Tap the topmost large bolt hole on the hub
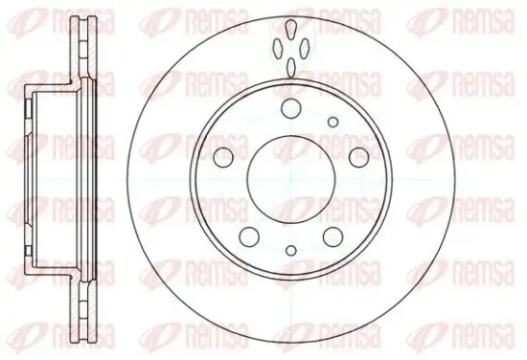(291, 108)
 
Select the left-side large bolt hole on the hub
(223, 157)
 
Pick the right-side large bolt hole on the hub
(359, 157)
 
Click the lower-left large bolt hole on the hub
(249, 236)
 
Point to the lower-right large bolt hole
(333, 236)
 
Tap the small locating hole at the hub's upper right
(333, 122)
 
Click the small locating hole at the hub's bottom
(291, 250)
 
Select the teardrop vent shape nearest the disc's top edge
(291, 29)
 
